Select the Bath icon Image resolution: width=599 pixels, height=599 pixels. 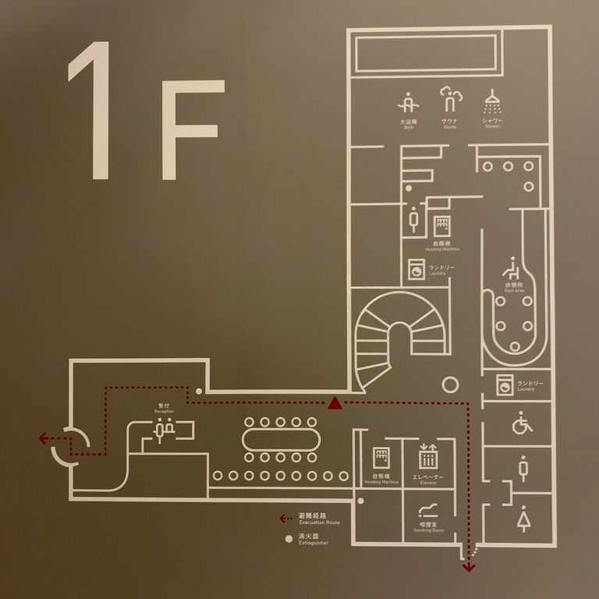pyautogui.click(x=408, y=105)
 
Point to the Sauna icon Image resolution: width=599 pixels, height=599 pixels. pyautogui.click(x=450, y=100)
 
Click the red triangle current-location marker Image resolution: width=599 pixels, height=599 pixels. pyautogui.click(x=335, y=402)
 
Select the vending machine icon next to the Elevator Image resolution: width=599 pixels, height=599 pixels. pyautogui.click(x=381, y=458)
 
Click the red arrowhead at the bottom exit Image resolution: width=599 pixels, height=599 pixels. pyautogui.click(x=468, y=568)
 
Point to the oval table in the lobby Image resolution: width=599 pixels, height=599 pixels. pyautogui.click(x=281, y=438)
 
